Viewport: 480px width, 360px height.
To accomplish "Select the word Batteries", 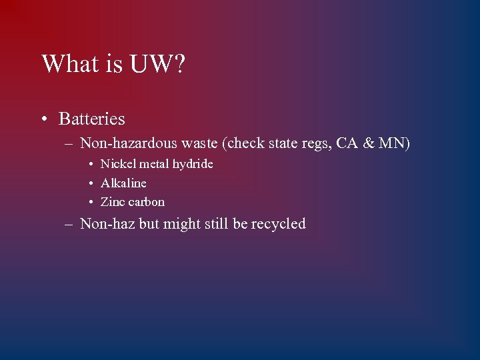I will [x=92, y=119].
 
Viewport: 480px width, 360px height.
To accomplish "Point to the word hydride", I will [x=192, y=164].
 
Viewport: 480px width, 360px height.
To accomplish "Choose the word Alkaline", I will [x=123, y=183].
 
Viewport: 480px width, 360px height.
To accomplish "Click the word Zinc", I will [x=113, y=201].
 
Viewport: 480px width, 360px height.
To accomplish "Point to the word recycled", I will [x=278, y=224].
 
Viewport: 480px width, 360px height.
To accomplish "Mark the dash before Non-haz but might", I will [x=69, y=225].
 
